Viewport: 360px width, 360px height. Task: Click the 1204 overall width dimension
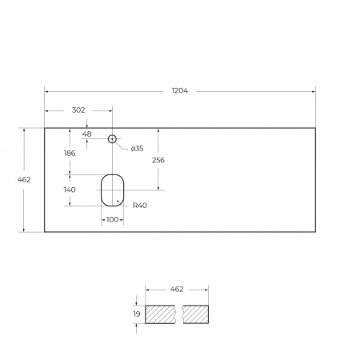pyautogui.click(x=180, y=90)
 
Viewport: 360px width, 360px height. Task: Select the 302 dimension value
pyautogui.click(x=78, y=110)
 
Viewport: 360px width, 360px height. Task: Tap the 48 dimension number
pyautogui.click(x=87, y=134)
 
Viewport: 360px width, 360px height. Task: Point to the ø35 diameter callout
pyautogui.click(x=138, y=149)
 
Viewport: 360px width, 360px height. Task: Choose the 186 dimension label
pyautogui.click(x=70, y=154)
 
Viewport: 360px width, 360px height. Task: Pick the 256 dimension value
pyautogui.click(x=158, y=160)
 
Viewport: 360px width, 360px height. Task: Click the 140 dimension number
pyautogui.click(x=70, y=190)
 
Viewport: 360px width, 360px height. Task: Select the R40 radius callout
pyautogui.click(x=140, y=206)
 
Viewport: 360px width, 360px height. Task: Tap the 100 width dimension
pyautogui.click(x=112, y=219)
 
